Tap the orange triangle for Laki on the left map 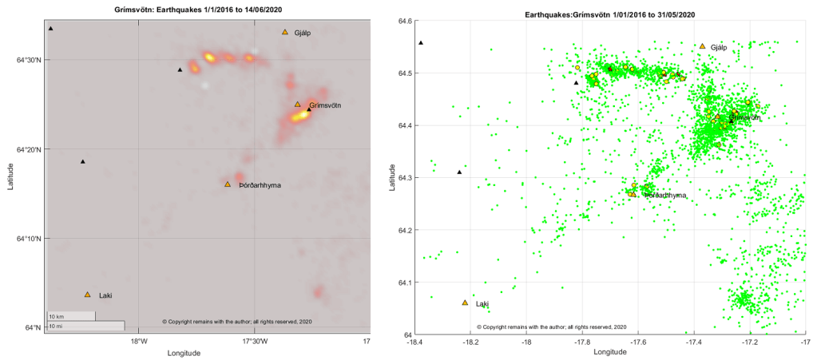click(88, 295)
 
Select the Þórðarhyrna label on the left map click(260, 185)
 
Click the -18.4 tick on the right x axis click(414, 342)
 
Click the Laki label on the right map click(482, 304)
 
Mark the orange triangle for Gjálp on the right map click(702, 46)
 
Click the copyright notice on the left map click(237, 322)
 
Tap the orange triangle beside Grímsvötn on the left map click(297, 105)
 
